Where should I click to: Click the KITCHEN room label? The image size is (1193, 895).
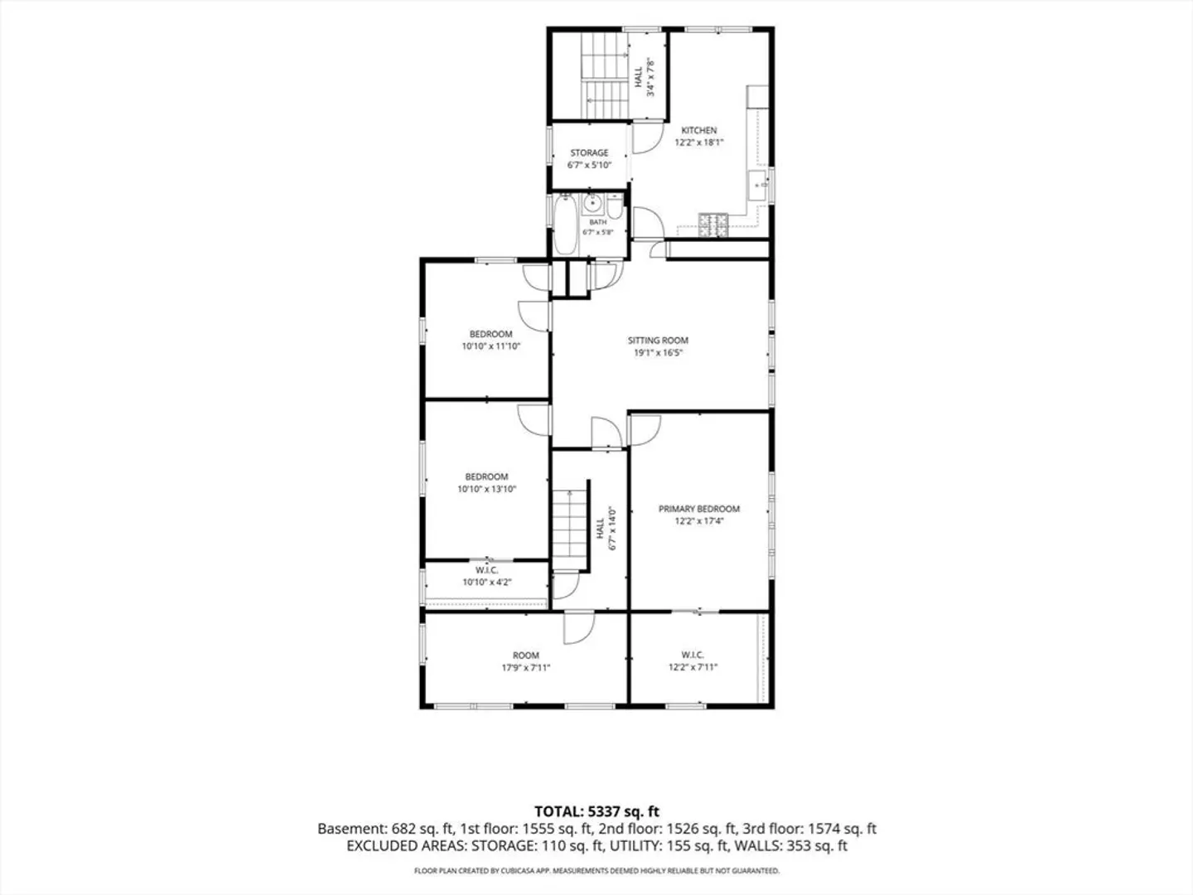tap(699, 130)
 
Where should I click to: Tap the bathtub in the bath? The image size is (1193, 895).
tap(565, 225)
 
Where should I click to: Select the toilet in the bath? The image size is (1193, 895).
tap(615, 207)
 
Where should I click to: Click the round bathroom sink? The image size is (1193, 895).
tap(592, 204)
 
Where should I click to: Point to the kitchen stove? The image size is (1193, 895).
tap(713, 225)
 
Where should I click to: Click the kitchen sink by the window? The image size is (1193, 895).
tap(758, 186)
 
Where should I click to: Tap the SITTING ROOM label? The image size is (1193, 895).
tap(658, 341)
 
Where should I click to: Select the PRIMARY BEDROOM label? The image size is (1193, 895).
tap(699, 509)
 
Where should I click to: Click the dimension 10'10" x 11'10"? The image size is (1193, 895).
tap(490, 346)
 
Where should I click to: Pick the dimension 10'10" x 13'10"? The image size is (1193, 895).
tap(486, 489)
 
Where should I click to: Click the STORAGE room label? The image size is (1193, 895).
tap(589, 153)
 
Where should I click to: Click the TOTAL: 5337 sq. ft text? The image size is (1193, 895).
tap(596, 811)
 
